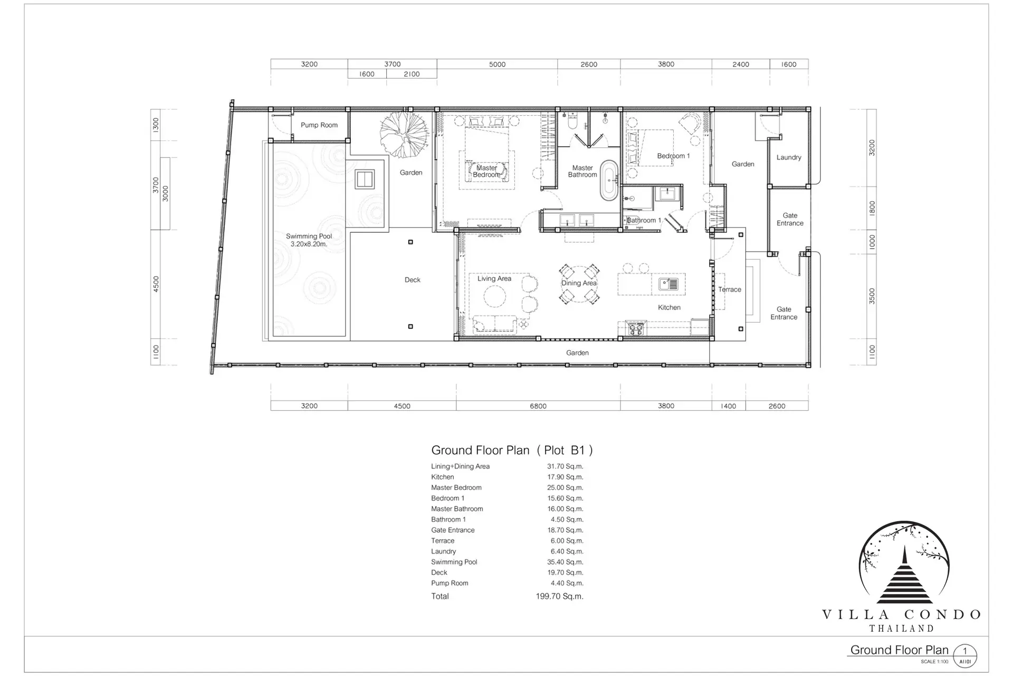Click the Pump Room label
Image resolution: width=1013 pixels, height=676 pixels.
tap(319, 125)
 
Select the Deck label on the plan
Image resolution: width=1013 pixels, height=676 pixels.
tap(413, 280)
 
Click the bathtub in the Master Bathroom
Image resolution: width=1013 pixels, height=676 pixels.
tap(609, 180)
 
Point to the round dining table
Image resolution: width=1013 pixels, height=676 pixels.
tap(579, 284)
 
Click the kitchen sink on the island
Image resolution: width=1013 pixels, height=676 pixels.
tap(668, 284)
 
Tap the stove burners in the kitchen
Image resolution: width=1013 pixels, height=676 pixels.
tap(635, 328)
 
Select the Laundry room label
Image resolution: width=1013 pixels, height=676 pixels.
tap(789, 157)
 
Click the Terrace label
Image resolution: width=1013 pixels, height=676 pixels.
tap(730, 289)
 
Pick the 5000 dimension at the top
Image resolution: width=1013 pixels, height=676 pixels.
tap(497, 64)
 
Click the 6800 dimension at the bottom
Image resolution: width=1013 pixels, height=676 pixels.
tap(538, 406)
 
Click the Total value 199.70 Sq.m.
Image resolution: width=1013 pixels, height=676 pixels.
tap(559, 596)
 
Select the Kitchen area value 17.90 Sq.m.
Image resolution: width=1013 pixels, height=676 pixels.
tap(565, 477)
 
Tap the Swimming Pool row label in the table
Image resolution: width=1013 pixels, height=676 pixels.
tap(454, 562)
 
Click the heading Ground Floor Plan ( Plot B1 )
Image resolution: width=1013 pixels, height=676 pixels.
tap(512, 450)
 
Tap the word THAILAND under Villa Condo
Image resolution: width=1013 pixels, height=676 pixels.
tap(902, 628)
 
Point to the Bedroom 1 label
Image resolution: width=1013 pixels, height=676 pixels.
tap(673, 156)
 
